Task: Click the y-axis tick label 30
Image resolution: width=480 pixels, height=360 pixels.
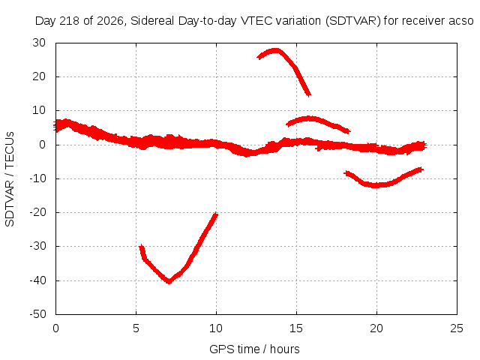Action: (x=39, y=43)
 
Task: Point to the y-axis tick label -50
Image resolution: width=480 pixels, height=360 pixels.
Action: (x=37, y=314)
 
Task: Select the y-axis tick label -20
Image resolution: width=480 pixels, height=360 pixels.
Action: (x=37, y=212)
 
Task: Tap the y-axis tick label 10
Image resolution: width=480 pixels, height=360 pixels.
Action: (x=39, y=110)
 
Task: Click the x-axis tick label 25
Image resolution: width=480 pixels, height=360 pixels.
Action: (x=457, y=328)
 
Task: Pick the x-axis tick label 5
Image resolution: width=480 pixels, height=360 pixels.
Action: (x=136, y=328)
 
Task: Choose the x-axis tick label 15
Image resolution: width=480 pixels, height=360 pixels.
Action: (x=296, y=328)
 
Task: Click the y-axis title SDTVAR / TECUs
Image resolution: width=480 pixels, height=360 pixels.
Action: (x=10, y=179)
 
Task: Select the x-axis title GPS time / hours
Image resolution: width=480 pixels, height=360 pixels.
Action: (x=254, y=349)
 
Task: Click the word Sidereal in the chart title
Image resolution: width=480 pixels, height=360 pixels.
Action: (x=152, y=21)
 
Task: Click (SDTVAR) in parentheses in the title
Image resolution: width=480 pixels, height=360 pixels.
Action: (x=353, y=21)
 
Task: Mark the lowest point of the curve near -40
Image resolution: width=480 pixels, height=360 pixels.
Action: (x=169, y=281)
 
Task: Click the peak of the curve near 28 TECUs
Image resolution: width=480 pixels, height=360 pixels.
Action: (x=275, y=50)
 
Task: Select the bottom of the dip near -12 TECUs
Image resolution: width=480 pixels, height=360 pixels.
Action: (x=375, y=185)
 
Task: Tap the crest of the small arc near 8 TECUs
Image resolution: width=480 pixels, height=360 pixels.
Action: (x=310, y=118)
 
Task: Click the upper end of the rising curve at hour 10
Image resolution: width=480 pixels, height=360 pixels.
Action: (x=216, y=214)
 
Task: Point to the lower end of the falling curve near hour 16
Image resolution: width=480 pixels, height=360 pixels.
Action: (x=309, y=94)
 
